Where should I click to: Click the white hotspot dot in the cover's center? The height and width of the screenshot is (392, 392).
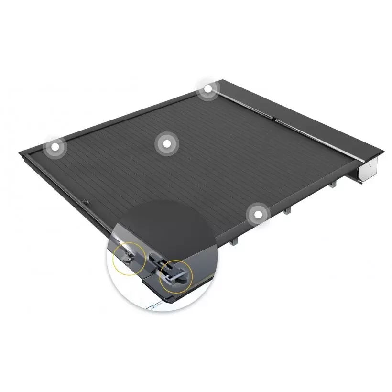pyautogui.click(x=166, y=143)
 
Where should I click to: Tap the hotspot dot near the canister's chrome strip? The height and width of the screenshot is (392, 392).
pyautogui.click(x=207, y=89)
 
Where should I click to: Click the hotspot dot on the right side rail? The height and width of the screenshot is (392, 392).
pyautogui.click(x=258, y=215)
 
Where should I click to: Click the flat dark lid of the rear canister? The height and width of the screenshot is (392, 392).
pyautogui.click(x=296, y=110)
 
